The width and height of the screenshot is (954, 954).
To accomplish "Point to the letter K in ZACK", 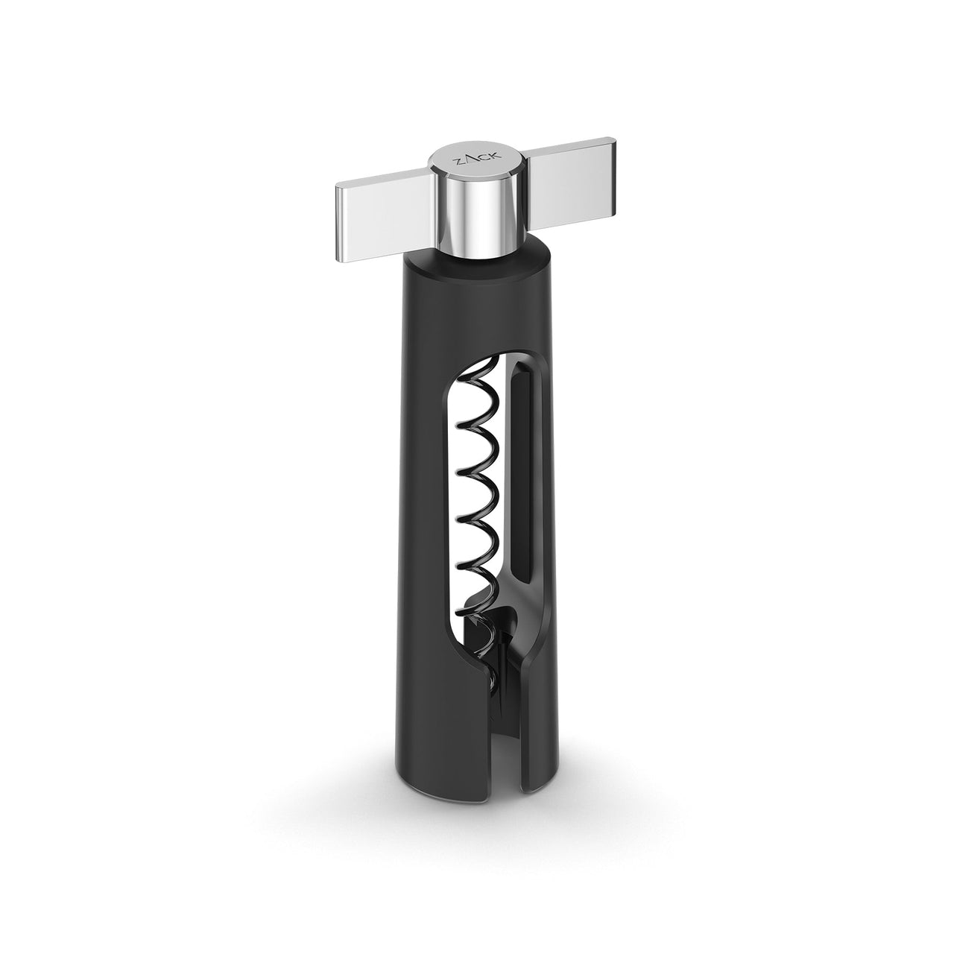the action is click(496, 156).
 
